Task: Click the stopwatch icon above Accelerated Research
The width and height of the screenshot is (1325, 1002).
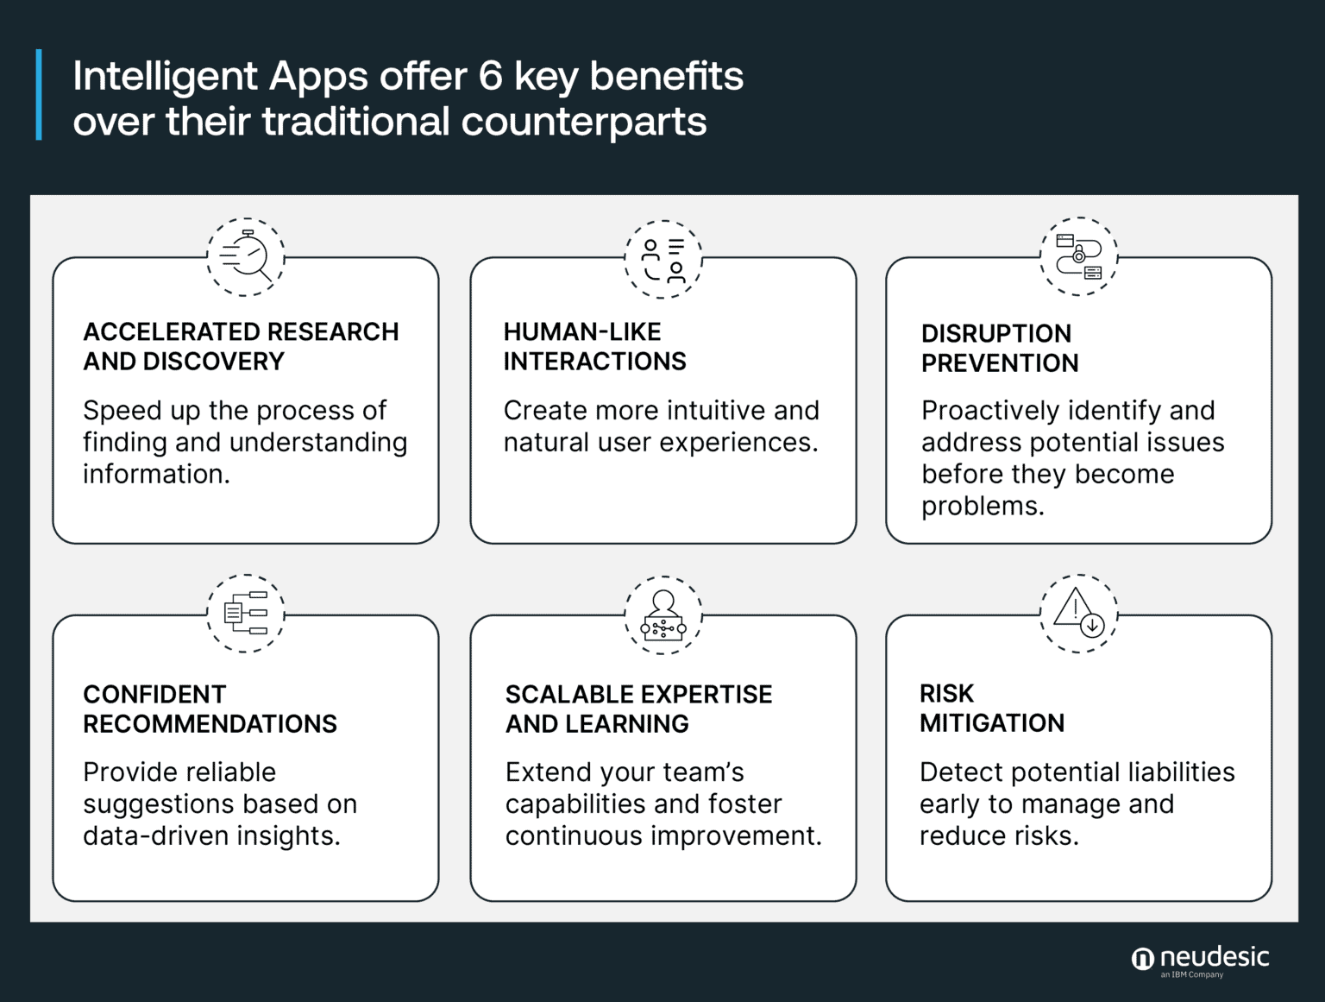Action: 246,256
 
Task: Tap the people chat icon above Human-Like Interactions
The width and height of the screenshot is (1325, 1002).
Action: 663,258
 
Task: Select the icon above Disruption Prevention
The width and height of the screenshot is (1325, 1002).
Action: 1079,256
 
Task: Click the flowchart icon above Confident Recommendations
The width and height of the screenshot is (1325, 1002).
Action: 246,613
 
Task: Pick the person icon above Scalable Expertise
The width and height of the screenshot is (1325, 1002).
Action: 663,614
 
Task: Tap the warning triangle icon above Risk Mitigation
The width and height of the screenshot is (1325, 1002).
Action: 1079,613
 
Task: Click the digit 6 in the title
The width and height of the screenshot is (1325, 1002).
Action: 490,76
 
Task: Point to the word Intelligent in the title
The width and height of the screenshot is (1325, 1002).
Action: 165,76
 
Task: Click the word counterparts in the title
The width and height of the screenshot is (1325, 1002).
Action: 584,122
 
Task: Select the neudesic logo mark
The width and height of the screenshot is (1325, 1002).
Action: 1142,959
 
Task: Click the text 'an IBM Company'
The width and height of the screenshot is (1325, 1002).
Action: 1191,975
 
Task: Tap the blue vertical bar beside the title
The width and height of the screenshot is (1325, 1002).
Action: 39,95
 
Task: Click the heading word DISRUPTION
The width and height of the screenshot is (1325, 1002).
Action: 995,333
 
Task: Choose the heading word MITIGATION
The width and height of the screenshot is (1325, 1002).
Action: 992,723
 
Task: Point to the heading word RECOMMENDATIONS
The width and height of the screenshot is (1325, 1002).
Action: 210,724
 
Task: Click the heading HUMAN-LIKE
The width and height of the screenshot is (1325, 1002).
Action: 582,331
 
